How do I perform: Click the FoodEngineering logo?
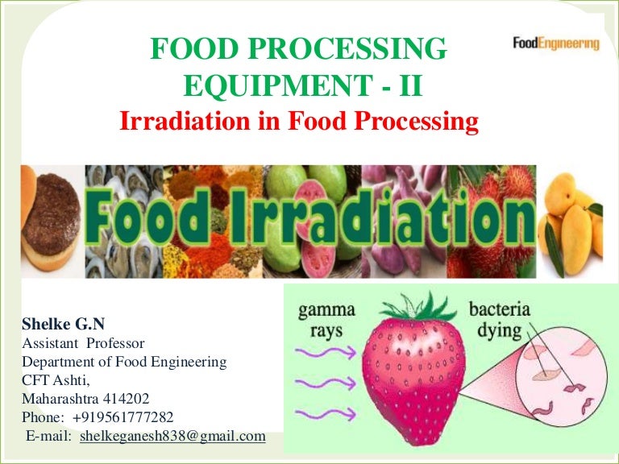pyautogui.click(x=556, y=43)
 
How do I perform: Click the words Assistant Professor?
pyautogui.click(x=72, y=344)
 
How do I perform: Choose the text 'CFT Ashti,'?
pyautogui.click(x=51, y=380)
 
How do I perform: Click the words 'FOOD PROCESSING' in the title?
pyautogui.click(x=298, y=50)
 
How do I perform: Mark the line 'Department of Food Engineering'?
pyautogui.click(x=124, y=362)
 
